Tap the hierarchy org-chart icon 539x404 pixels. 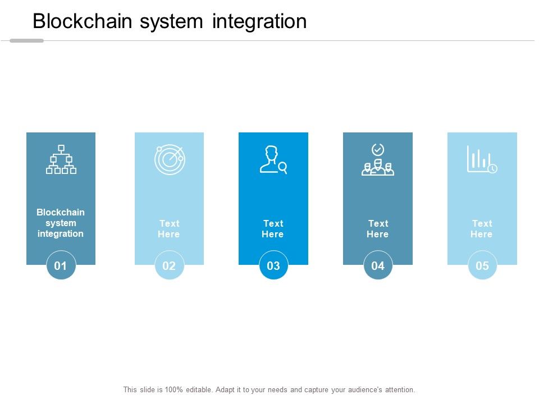pyautogui.click(x=61, y=159)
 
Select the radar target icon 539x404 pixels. pyautogui.click(x=169, y=159)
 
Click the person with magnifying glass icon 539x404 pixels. pyautogui.click(x=273, y=160)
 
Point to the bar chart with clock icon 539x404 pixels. pyautogui.click(x=482, y=159)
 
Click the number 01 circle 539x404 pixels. pyautogui.click(x=61, y=265)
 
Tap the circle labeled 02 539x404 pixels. pyautogui.click(x=169, y=265)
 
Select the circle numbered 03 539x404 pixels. pyautogui.click(x=273, y=265)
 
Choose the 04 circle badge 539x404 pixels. pyautogui.click(x=378, y=265)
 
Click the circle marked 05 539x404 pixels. pyautogui.click(x=482, y=265)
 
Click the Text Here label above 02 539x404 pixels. pyautogui.click(x=169, y=229)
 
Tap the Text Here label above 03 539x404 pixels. pyautogui.click(x=273, y=229)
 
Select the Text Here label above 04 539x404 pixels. pyautogui.click(x=378, y=229)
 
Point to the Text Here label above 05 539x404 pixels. pyautogui.click(x=482, y=229)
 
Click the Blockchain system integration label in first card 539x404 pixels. pyautogui.click(x=61, y=223)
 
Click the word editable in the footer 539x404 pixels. pyautogui.click(x=193, y=389)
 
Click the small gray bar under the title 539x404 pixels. pyautogui.click(x=26, y=40)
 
